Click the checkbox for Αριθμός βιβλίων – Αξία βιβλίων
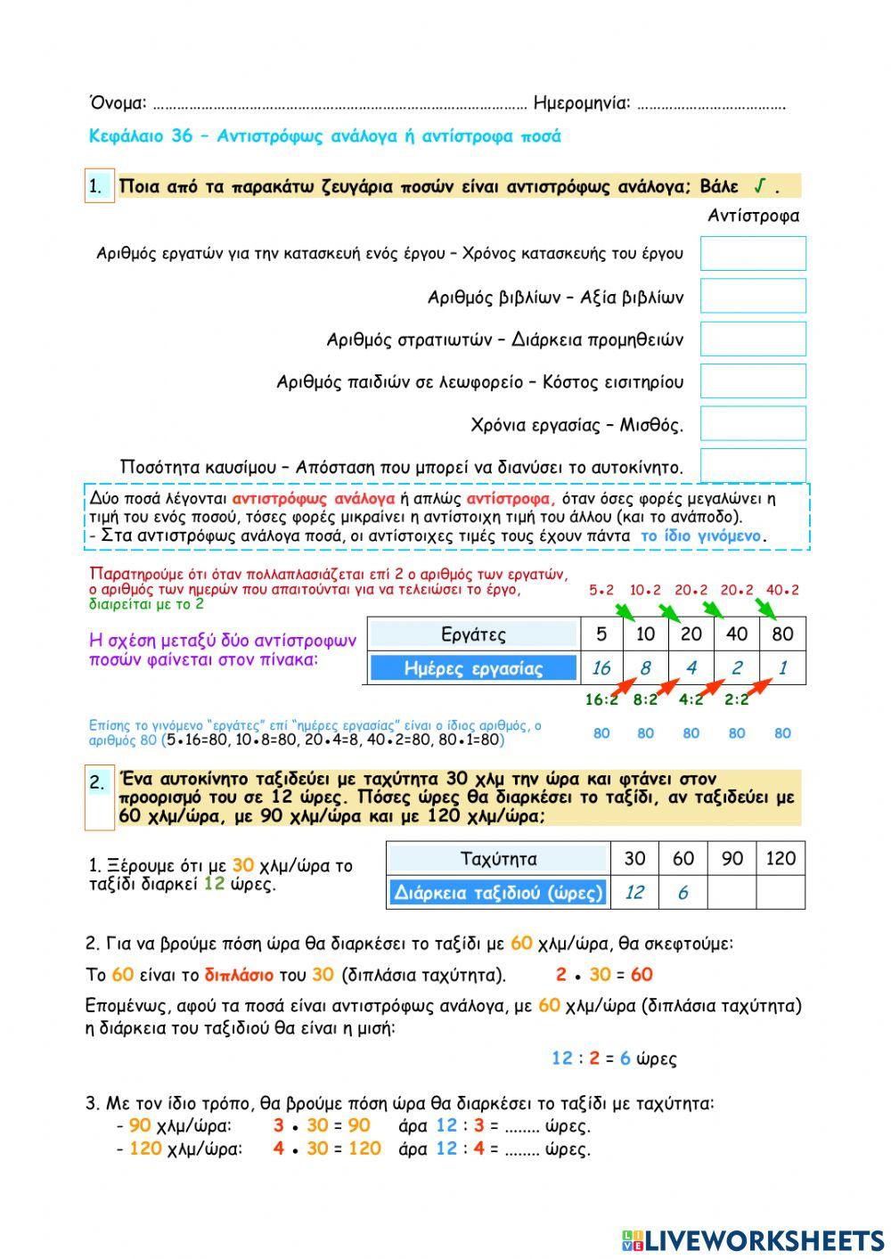pos(753,296)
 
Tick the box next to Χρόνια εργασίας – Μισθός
pos(753,423)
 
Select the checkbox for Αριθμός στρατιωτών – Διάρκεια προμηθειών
pos(753,339)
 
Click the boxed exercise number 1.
pos(98,186)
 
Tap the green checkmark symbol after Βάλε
pos(760,185)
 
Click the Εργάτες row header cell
pos(473,634)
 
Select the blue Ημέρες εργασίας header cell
pos(473,668)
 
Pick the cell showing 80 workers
pos(782,634)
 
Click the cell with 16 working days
pos(601,668)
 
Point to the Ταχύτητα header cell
pos(498,859)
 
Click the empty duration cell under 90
pos(732,892)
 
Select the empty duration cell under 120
pos(781,892)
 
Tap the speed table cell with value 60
pos(683,859)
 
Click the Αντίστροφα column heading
pos(753,216)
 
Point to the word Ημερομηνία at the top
pos(581,103)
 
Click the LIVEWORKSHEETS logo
pos(753,1239)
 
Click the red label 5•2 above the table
pos(601,590)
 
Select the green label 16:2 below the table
pos(601,699)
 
